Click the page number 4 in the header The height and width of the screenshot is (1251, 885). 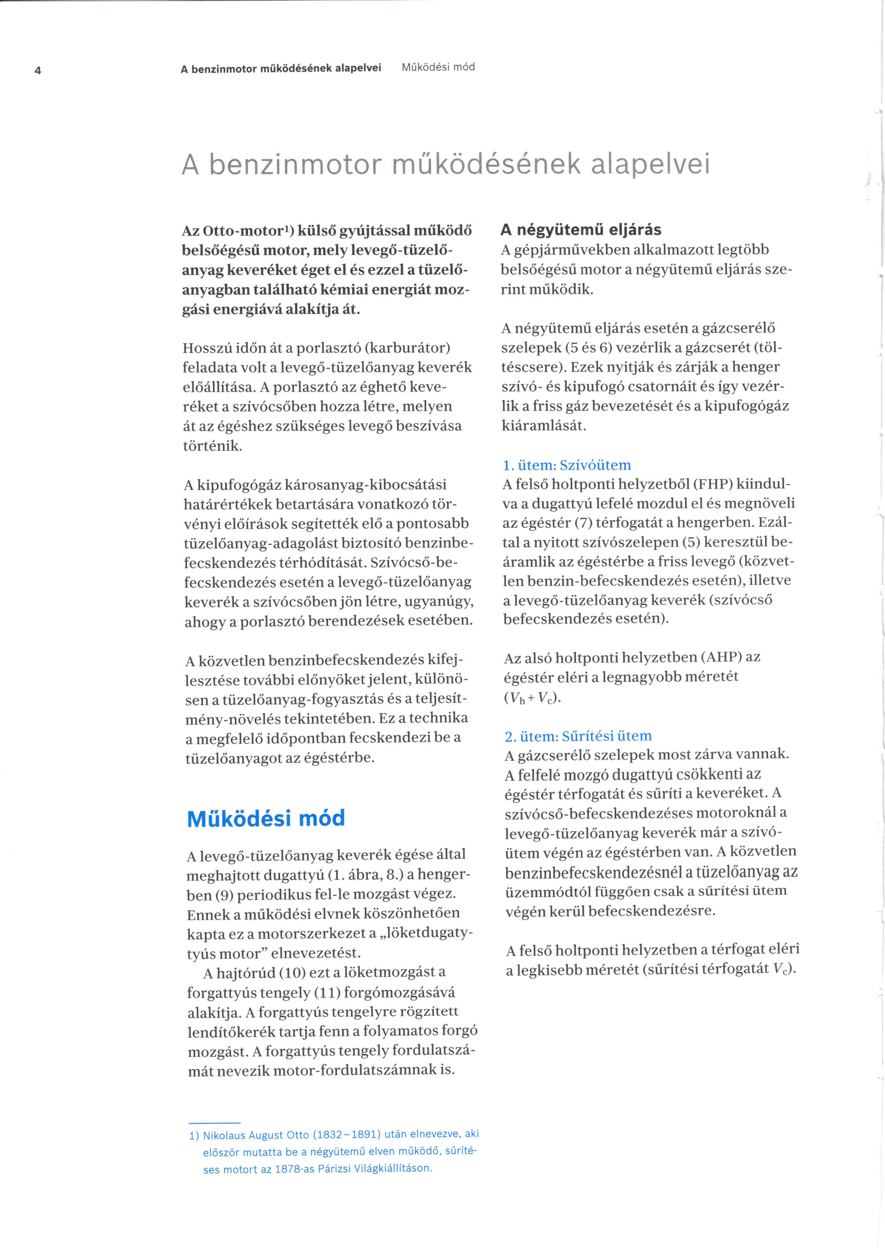pyautogui.click(x=37, y=70)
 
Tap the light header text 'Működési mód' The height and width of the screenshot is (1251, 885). pyautogui.click(x=438, y=67)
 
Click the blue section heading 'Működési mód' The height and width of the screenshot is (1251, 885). pyautogui.click(x=266, y=818)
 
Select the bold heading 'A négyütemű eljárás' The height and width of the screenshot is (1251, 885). pyautogui.click(x=581, y=229)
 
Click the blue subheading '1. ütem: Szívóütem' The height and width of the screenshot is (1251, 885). pyautogui.click(x=567, y=465)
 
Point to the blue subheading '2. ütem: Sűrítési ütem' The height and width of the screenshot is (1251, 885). pyautogui.click(x=578, y=736)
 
